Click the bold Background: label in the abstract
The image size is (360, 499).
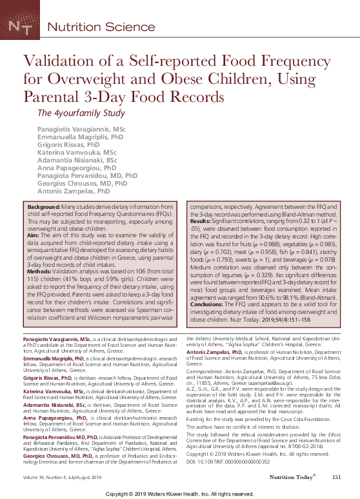tap(43, 208)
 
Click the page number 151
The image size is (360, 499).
tap(335, 477)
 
